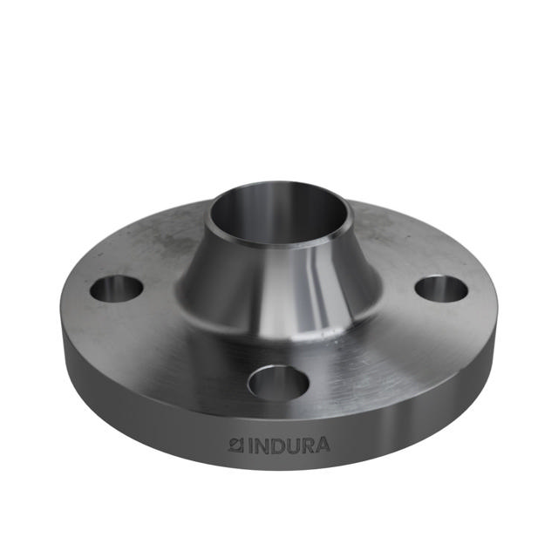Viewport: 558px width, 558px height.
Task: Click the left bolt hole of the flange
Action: click(x=116, y=288)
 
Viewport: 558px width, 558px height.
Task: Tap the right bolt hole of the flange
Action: click(x=440, y=288)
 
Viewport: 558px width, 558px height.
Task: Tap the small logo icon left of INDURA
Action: click(x=235, y=446)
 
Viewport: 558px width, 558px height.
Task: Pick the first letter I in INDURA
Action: click(x=248, y=446)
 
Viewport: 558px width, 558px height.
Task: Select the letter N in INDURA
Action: click(x=259, y=446)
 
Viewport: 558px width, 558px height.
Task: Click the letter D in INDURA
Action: click(x=275, y=446)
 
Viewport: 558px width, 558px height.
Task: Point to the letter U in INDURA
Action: click(x=291, y=446)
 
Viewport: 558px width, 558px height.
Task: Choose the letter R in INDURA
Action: click(x=307, y=446)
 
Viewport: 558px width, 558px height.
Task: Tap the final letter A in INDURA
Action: click(x=323, y=446)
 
